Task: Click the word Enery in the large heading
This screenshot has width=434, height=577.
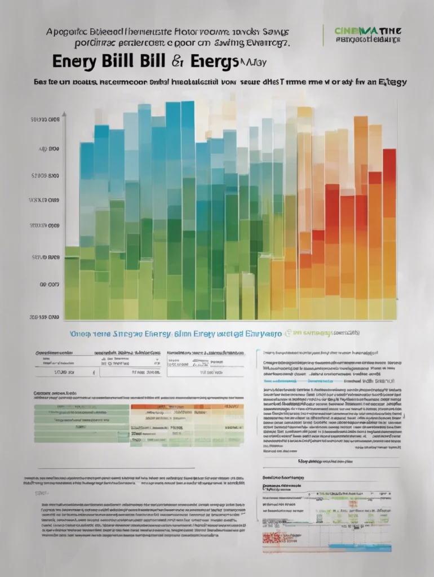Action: pyautogui.click(x=74, y=61)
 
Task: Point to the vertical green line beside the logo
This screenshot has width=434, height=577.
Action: pyautogui.click(x=324, y=35)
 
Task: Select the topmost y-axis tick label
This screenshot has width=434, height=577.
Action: pyautogui.click(x=45, y=120)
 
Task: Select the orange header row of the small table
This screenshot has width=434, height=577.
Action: pyautogui.click(x=187, y=406)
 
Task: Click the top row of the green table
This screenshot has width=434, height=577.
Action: pyautogui.click(x=82, y=407)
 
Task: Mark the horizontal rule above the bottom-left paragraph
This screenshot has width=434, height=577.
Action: pyautogui.click(x=116, y=468)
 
